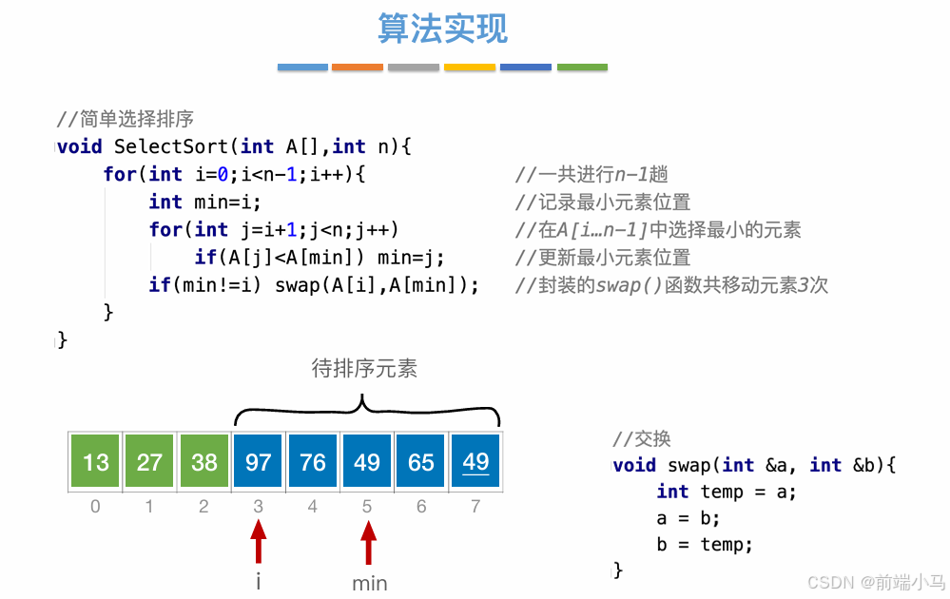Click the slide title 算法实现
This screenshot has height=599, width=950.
(443, 29)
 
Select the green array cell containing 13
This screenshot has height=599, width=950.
(95, 462)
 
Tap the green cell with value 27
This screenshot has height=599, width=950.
(149, 462)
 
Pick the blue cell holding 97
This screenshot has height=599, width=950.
(259, 462)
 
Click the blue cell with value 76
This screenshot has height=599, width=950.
(313, 462)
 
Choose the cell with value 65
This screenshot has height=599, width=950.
(421, 462)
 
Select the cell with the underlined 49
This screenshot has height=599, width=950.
(475, 462)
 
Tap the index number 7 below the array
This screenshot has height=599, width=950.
(475, 507)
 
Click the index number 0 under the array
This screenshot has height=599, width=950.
(95, 507)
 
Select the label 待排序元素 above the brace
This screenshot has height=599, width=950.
(364, 368)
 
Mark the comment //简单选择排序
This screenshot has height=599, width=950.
(126, 120)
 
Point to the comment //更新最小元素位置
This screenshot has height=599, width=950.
(603, 258)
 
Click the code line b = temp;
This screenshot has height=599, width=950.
(704, 545)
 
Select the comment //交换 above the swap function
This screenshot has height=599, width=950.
(643, 438)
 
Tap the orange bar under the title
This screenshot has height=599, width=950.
(358, 68)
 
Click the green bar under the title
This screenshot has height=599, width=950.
(582, 68)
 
